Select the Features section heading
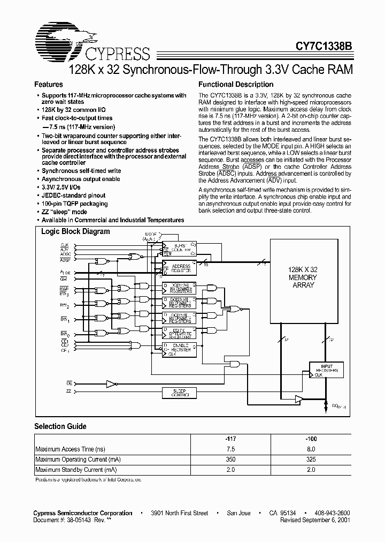click(49, 85)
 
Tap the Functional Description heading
click(236, 85)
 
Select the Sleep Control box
click(179, 393)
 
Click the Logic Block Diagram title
click(75, 232)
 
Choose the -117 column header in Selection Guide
click(230, 438)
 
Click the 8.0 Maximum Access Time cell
click(311, 449)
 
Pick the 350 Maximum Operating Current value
click(230, 460)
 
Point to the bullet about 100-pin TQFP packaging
click(75, 204)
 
